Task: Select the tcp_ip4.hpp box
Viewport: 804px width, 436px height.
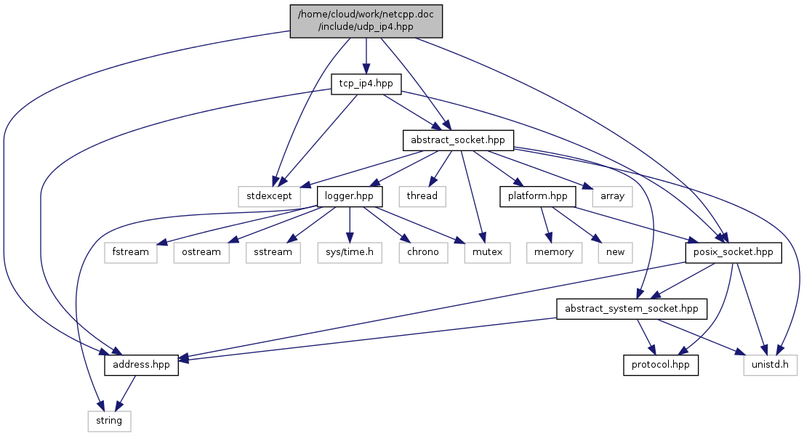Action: pyautogui.click(x=366, y=84)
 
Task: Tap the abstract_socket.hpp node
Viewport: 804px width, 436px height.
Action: pyautogui.click(x=458, y=140)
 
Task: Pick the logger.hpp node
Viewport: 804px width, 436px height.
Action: pyautogui.click(x=349, y=196)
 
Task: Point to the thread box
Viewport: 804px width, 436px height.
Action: pyautogui.click(x=422, y=196)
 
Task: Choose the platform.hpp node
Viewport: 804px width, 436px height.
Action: pyautogui.click(x=538, y=196)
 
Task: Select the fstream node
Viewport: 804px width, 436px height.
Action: pyautogui.click(x=131, y=252)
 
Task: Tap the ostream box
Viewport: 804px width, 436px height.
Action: pyautogui.click(x=201, y=252)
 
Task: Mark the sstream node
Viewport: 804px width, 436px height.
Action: pyautogui.click(x=273, y=252)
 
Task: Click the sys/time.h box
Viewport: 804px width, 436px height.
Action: pyautogui.click(x=349, y=252)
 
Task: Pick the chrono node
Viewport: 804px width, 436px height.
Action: pyautogui.click(x=422, y=252)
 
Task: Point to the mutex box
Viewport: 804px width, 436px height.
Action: pyautogui.click(x=486, y=252)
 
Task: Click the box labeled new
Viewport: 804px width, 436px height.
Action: pyautogui.click(x=615, y=252)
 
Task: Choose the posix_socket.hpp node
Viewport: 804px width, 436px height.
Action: pyautogui.click(x=733, y=252)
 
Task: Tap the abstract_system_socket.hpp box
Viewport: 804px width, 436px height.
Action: pyautogui.click(x=631, y=309)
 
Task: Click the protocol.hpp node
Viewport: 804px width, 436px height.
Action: pyautogui.click(x=660, y=365)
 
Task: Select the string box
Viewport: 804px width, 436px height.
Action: pyautogui.click(x=110, y=421)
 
